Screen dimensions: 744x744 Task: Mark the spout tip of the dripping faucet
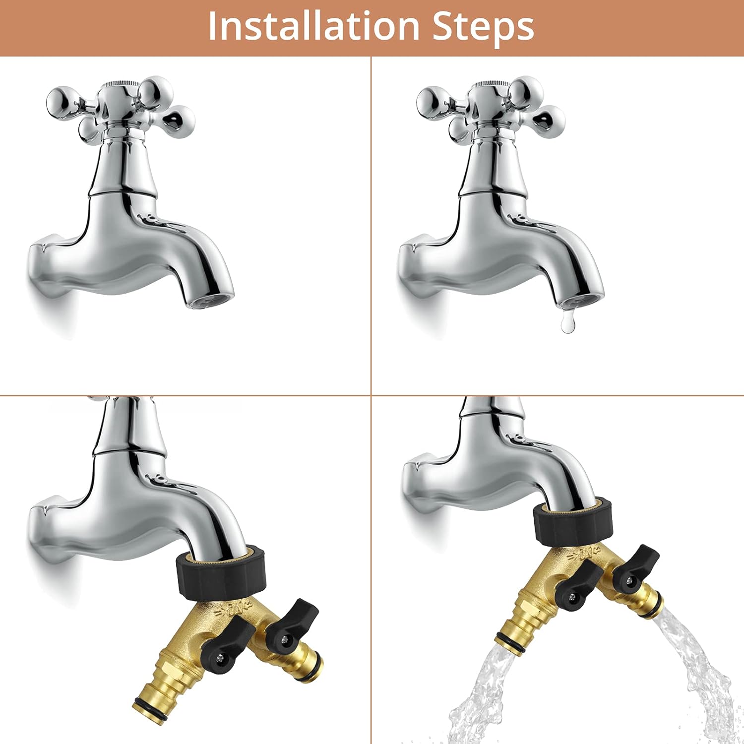point(581,300)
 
